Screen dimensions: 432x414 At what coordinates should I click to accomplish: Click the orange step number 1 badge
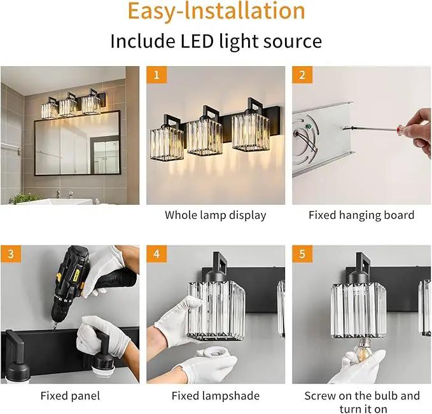[157, 74]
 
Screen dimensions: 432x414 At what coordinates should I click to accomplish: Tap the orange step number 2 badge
[302, 74]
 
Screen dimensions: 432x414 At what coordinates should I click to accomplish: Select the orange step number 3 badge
[11, 254]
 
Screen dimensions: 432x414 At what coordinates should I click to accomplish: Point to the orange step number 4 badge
[157, 254]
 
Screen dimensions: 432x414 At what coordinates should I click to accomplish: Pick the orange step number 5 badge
[302, 254]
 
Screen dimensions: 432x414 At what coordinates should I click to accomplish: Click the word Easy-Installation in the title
[216, 11]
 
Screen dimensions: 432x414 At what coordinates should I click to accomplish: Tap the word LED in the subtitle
[197, 41]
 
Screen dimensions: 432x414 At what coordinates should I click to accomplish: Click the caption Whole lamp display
[216, 215]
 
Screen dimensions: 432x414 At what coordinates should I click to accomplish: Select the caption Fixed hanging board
[361, 215]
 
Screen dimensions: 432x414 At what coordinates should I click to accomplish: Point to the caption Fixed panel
[70, 396]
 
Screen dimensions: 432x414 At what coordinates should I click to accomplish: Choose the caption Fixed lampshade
[216, 396]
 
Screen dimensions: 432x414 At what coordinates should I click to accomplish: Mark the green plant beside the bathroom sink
[25, 198]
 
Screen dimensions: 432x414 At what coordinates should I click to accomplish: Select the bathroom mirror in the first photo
[78, 143]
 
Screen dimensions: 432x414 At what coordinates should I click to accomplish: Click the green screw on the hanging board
[309, 127]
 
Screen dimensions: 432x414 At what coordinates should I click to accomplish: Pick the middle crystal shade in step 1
[204, 136]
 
